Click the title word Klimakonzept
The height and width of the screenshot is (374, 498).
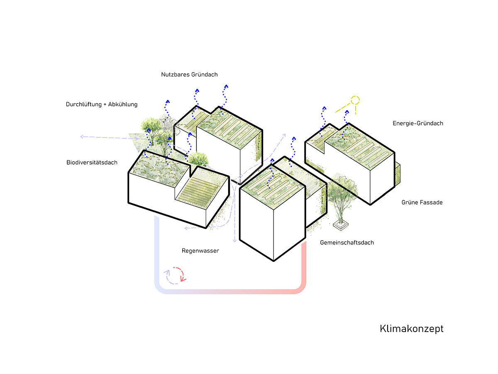click(x=411, y=329)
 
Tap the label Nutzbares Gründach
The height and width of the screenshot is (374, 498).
click(x=189, y=74)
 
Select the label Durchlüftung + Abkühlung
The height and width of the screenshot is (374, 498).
click(x=102, y=104)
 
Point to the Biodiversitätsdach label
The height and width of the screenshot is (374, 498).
click(x=92, y=162)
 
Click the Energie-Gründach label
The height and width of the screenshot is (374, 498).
click(x=418, y=123)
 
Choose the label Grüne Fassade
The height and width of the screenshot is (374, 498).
click(x=422, y=202)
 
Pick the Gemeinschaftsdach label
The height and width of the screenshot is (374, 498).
click(x=347, y=243)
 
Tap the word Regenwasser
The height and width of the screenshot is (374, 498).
click(x=200, y=251)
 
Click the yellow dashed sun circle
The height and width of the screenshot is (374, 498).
click(x=355, y=100)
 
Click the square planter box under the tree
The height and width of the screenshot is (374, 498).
click(x=341, y=225)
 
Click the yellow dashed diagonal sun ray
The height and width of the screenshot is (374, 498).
click(x=343, y=108)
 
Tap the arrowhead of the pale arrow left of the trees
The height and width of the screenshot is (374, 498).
click(x=83, y=136)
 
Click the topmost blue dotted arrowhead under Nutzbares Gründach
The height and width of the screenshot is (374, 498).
click(x=226, y=86)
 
